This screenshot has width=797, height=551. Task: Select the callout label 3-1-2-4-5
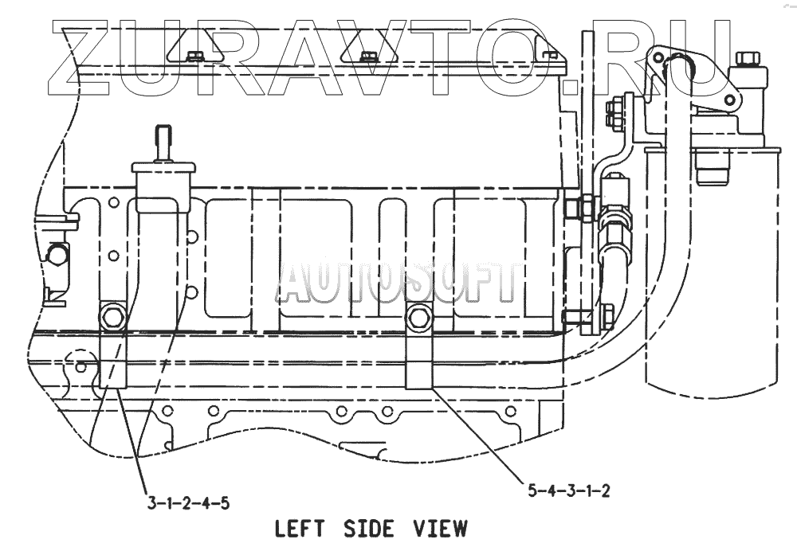click(x=189, y=503)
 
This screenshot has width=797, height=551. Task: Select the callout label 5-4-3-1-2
click(x=569, y=491)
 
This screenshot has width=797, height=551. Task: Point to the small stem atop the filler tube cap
click(x=163, y=143)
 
